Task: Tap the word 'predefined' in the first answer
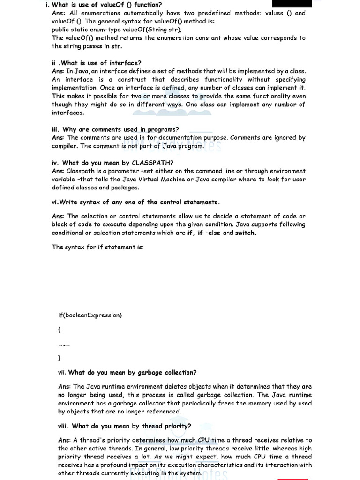229,13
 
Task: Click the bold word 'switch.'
246,233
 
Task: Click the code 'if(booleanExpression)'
90,315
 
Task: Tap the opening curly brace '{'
59,330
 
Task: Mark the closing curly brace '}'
59,359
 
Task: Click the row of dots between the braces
64,345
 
